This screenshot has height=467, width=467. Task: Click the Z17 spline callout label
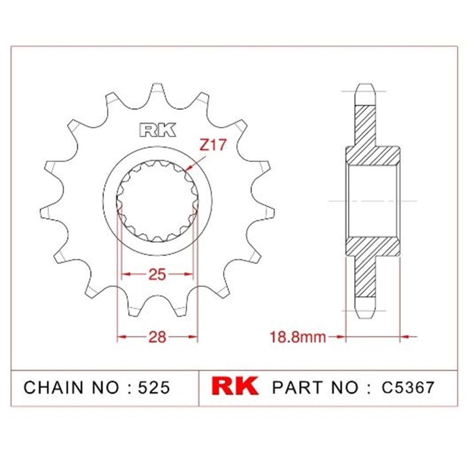click(x=213, y=145)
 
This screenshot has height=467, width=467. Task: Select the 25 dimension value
click(x=157, y=274)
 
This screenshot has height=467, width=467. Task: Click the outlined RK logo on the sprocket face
click(x=157, y=130)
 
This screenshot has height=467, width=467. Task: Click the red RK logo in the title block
click(x=235, y=386)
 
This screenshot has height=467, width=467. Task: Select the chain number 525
click(x=154, y=388)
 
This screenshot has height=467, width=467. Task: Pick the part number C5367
click(x=408, y=387)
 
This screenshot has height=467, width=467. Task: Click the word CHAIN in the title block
click(x=54, y=388)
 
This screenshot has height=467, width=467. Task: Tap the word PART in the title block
click(x=297, y=387)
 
